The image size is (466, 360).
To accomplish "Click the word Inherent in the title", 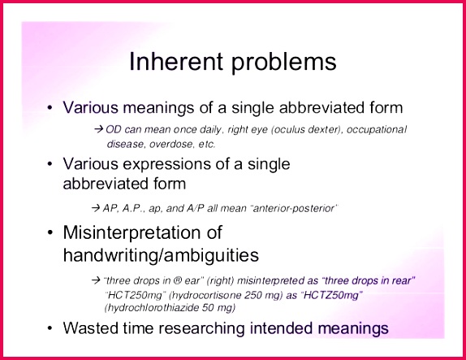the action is [176, 61].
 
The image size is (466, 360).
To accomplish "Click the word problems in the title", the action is [284, 63].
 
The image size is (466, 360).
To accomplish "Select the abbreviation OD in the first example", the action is [113, 130].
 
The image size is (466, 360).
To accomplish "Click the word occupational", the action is [377, 130].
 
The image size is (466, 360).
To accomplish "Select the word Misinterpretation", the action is [142, 232].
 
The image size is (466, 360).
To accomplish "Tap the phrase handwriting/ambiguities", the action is [161, 255].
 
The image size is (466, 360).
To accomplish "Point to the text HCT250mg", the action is [136, 296].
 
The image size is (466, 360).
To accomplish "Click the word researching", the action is [201, 329].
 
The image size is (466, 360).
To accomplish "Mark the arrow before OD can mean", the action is [99, 130].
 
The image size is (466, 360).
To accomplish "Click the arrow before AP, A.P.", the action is [96, 208].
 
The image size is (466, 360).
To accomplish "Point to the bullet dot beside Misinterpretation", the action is [50, 233].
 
